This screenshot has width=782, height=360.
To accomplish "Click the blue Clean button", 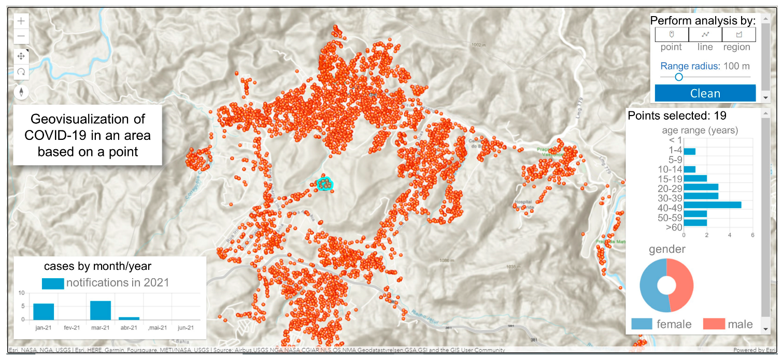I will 705,93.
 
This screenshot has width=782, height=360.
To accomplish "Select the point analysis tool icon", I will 672,34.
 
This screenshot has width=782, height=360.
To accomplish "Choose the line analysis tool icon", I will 705,34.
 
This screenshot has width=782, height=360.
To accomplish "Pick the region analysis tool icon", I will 739,34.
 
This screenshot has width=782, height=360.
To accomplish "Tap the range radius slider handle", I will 678,77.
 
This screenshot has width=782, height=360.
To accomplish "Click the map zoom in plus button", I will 21,21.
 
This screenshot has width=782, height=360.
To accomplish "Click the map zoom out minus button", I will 21,36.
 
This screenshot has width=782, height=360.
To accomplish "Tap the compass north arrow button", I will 21,92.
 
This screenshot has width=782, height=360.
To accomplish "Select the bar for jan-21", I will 44,311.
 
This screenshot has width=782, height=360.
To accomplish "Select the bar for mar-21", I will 101,310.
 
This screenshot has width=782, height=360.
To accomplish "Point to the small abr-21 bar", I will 129,318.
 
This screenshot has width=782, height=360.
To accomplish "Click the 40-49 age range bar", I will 713,205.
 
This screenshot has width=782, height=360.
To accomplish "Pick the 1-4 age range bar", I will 690,151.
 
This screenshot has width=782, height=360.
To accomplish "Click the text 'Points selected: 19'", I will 677,116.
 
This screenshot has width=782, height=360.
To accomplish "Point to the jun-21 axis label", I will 186,327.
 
